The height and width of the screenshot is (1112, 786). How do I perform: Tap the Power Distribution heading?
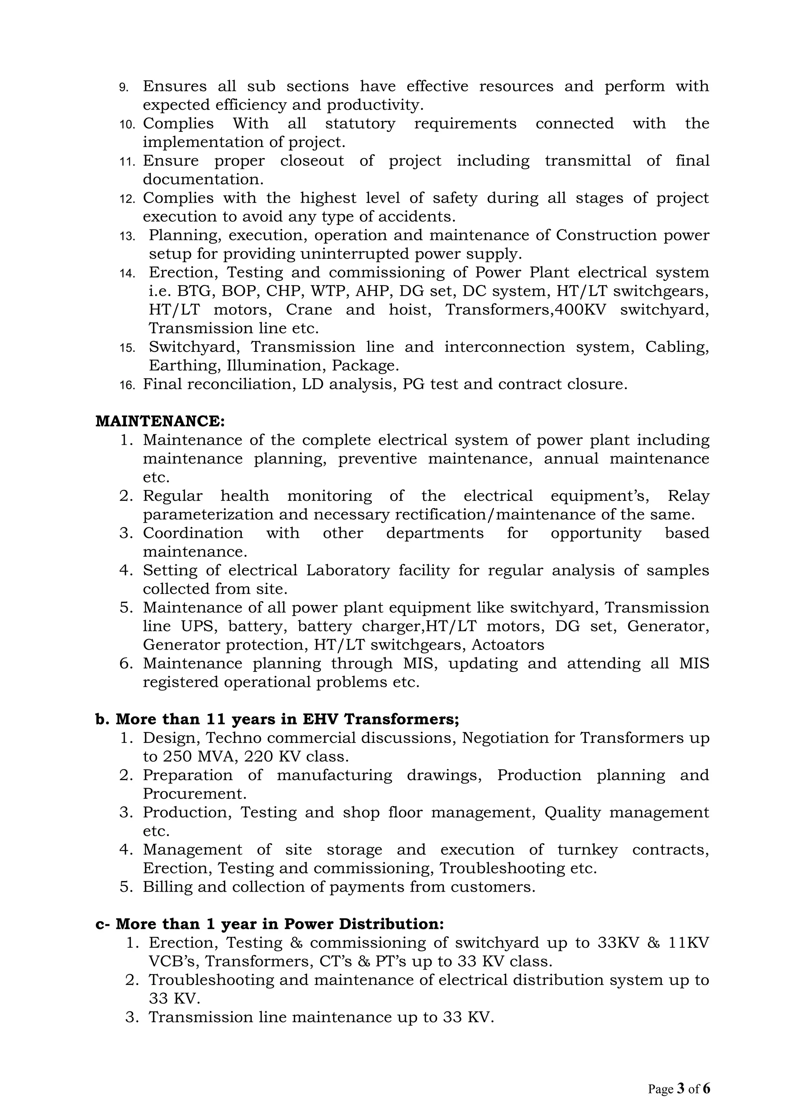pyautogui.click(x=270, y=924)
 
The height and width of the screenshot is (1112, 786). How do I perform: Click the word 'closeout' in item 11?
pyautogui.click(x=312, y=161)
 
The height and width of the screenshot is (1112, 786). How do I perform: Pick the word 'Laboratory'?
pyautogui.click(x=348, y=571)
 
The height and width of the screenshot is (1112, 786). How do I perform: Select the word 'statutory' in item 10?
pyautogui.click(x=360, y=124)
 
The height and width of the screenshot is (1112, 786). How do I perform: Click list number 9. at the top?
pyautogui.click(x=124, y=87)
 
